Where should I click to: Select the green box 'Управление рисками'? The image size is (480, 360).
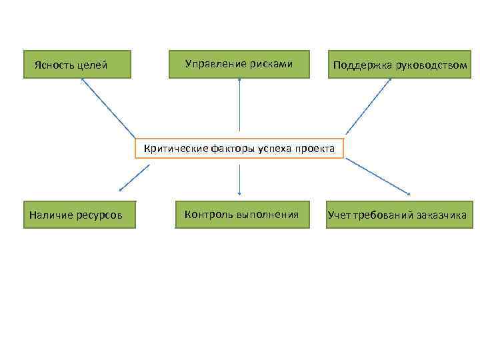[239, 64]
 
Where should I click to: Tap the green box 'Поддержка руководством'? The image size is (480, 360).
[398, 65]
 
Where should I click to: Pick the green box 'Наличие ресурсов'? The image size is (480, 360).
[79, 215]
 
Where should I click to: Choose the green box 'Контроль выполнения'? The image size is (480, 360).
[242, 214]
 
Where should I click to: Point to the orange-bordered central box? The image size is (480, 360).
[239, 149]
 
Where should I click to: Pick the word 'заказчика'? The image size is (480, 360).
[441, 215]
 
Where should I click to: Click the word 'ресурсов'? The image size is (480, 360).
[101, 215]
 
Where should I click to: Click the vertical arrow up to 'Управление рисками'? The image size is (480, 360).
[239, 103]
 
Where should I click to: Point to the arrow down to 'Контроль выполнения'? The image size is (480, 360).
[239, 179]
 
